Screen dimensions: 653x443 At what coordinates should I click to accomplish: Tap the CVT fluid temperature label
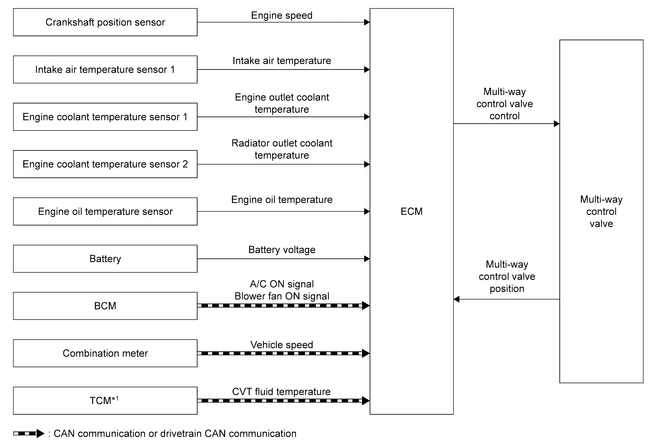coord(281,392)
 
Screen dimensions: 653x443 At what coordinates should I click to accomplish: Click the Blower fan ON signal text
coord(282,296)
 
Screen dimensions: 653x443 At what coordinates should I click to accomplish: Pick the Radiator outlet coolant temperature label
coord(282,149)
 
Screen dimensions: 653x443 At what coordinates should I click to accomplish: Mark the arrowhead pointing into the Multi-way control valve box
coord(557,124)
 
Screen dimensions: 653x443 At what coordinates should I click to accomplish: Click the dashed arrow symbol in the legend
coord(29,433)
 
